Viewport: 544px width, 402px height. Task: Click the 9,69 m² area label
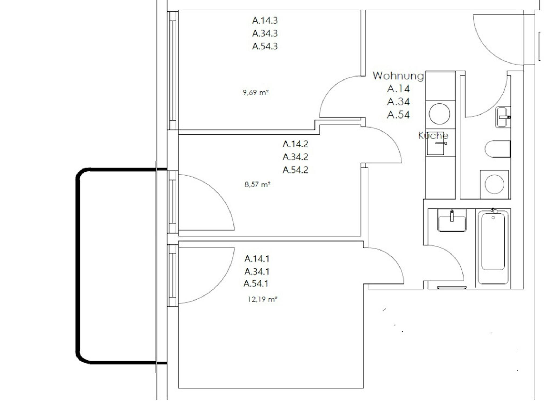pos(256,92)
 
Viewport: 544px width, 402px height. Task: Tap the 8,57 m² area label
pos(257,184)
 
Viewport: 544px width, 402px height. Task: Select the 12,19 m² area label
pos(262,299)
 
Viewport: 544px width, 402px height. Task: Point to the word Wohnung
pos(398,76)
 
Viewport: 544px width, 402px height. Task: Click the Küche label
pos(433,136)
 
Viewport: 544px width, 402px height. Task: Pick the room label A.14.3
pos(265,20)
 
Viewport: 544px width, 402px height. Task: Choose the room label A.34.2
pos(295,157)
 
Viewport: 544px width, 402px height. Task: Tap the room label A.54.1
pos(256,283)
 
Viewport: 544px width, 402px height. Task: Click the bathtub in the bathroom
pos(493,246)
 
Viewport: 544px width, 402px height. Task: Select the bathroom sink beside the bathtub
pos(452,220)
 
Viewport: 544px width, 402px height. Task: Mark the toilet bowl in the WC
pos(498,149)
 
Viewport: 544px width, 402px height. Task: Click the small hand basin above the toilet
pos(503,117)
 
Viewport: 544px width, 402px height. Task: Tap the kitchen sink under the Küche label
pos(436,145)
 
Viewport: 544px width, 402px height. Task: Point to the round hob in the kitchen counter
pos(439,114)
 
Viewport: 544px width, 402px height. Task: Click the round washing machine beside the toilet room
pos(494,184)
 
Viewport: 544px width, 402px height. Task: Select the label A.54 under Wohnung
pos(398,115)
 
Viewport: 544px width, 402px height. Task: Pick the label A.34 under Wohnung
pos(398,101)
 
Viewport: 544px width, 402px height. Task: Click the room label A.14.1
pos(257,259)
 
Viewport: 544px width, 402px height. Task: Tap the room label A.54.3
pos(265,46)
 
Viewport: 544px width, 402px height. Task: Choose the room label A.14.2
pos(295,144)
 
